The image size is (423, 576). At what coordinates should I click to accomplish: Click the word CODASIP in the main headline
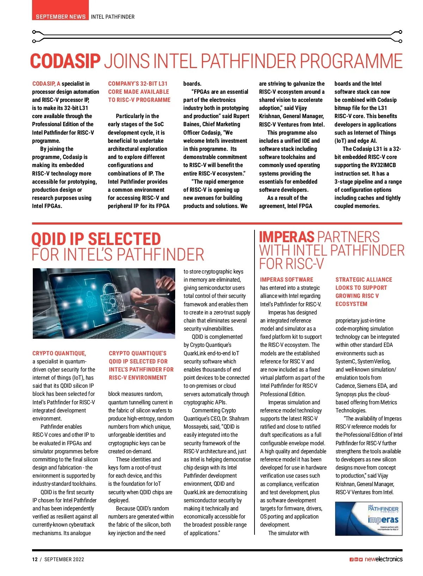[x=66, y=61]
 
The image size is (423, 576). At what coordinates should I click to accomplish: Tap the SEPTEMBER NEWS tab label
[x=61, y=17]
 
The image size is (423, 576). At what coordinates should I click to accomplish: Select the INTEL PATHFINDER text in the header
[x=112, y=17]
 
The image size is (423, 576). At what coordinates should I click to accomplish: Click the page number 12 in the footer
[x=35, y=559]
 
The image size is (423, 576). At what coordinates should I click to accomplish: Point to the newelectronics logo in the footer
[x=383, y=559]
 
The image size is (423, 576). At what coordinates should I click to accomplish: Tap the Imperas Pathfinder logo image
[x=368, y=519]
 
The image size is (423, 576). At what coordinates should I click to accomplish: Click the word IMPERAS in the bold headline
[x=287, y=237]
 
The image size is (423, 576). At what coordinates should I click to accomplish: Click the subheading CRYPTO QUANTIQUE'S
[x=137, y=353]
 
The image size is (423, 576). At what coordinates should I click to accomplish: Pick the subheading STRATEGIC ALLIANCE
[x=364, y=280]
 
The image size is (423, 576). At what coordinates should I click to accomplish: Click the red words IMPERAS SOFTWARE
[x=287, y=280]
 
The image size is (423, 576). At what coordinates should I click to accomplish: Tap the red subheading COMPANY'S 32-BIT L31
[x=138, y=84]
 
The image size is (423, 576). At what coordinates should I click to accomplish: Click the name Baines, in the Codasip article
[x=192, y=124]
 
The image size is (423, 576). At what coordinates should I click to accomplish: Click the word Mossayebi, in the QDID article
[x=198, y=427]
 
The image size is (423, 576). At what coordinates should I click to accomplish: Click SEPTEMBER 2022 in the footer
[x=64, y=559]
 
